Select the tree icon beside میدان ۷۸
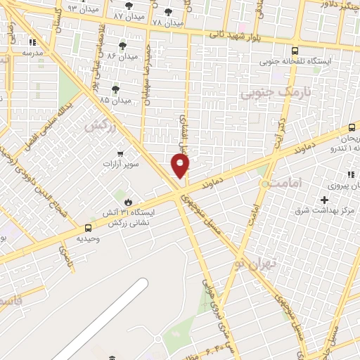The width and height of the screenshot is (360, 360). click(167, 12)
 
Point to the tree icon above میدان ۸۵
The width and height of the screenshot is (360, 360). click(115, 89)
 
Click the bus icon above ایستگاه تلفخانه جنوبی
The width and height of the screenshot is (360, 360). click(294, 51)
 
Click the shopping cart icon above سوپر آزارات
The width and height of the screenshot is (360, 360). click(120, 154)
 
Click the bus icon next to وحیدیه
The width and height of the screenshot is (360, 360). click(87, 228)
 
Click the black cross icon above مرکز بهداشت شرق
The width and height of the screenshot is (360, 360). click(324, 200)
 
